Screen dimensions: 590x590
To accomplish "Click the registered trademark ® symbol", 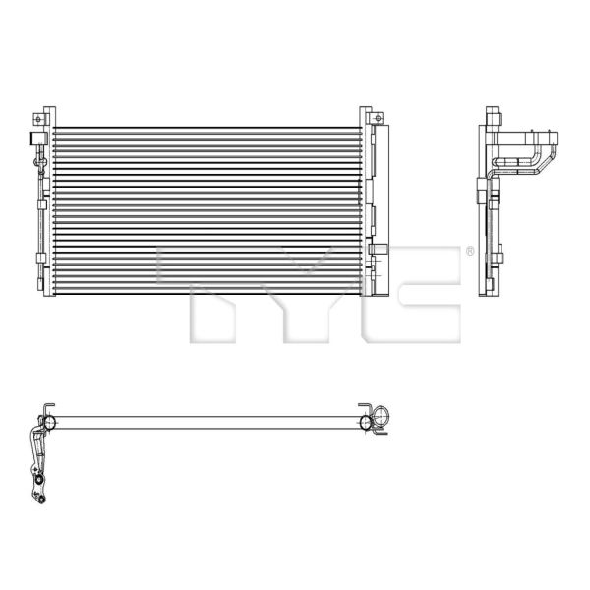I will pos(469,252).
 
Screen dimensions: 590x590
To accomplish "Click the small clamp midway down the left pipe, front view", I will pos(41,202).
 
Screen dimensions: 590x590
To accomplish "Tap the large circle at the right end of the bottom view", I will pos(368,423).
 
